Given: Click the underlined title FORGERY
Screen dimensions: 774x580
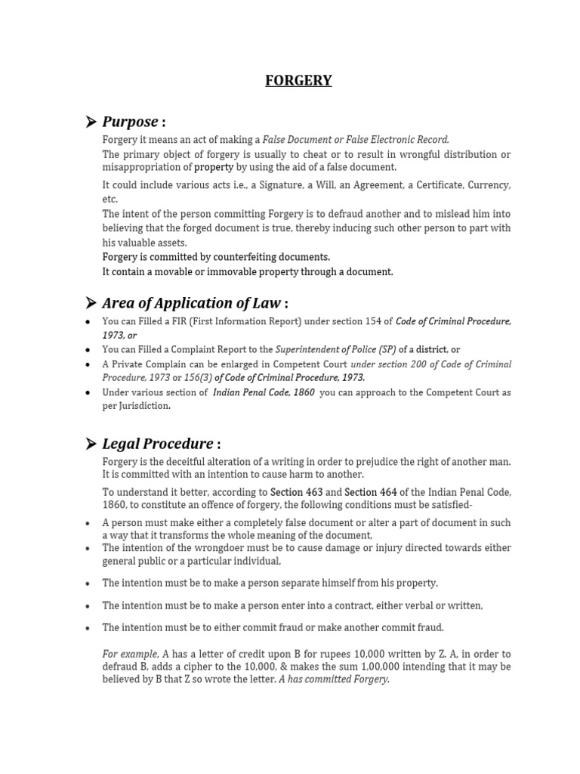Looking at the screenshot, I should click(298, 80).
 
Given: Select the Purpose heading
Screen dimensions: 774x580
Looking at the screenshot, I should click(131, 122).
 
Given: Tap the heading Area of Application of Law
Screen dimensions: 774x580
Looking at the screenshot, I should click(192, 303).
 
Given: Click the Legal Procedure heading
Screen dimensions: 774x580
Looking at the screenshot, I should click(158, 443).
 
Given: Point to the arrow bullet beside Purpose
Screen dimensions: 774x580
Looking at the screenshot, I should click(91, 122).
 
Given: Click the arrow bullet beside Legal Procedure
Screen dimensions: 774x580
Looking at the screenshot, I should click(91, 443).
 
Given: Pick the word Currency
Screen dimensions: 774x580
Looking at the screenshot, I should click(489, 185).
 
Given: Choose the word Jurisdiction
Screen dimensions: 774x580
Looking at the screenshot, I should click(142, 406).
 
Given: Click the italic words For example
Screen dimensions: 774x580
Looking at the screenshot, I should click(131, 654).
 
